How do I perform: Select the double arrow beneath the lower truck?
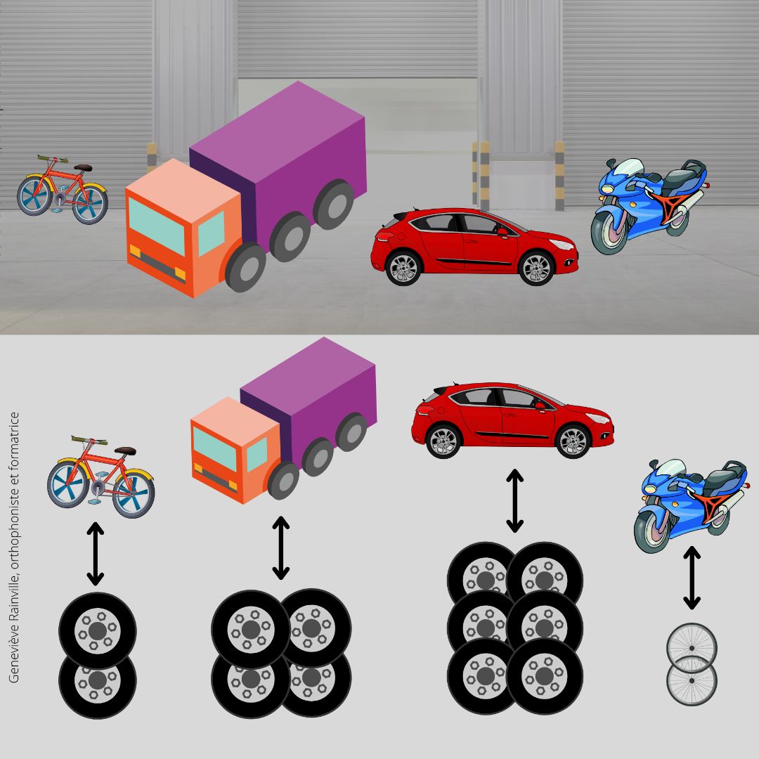[280, 547]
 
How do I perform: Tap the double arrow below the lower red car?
[514, 500]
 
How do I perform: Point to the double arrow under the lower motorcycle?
[692, 578]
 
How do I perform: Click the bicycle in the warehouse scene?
[63, 189]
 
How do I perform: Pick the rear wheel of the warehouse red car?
[403, 268]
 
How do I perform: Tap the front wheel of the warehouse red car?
[536, 268]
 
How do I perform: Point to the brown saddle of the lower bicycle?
[125, 451]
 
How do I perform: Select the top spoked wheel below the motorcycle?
[692, 648]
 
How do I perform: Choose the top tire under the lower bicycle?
[97, 630]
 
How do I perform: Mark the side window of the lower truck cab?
[257, 455]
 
